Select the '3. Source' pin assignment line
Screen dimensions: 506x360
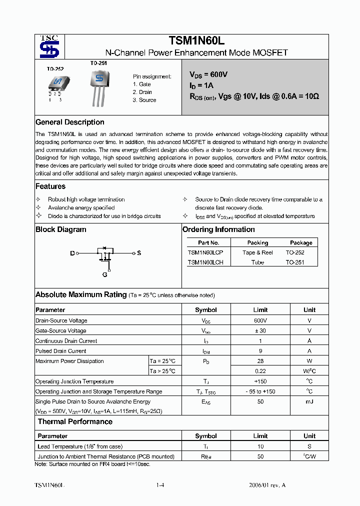(144, 100)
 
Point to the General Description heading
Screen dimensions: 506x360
(70, 122)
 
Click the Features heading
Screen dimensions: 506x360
(50, 186)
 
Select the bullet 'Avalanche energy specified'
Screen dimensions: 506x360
(81, 208)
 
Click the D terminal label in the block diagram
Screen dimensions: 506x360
(72, 253)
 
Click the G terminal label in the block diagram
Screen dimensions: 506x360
(105, 274)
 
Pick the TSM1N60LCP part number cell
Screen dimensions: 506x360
(205, 252)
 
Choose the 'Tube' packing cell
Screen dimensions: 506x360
(257, 262)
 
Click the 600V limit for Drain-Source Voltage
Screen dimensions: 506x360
(260, 320)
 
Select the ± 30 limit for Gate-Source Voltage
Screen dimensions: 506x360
(260, 330)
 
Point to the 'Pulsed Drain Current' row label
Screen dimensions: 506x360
(61, 351)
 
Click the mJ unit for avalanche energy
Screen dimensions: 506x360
(309, 401)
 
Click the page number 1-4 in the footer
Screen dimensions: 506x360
(160, 485)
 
